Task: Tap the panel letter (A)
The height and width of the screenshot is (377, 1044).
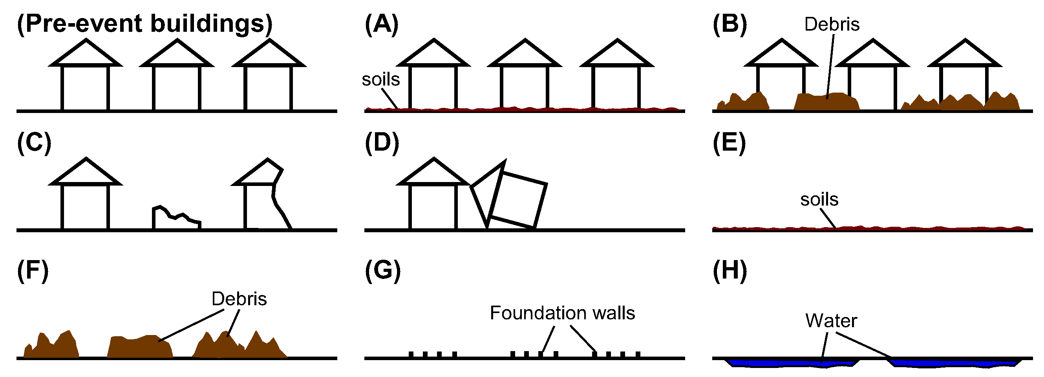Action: tap(381, 24)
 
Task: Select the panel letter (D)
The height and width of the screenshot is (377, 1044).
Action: tap(382, 143)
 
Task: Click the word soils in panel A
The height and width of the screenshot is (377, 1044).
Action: tap(380, 79)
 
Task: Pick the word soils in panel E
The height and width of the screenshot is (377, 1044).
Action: tap(819, 200)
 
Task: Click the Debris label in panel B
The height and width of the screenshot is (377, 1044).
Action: tap(832, 24)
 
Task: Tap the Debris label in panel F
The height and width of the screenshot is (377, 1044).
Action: tap(239, 299)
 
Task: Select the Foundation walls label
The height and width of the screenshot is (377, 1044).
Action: tap(562, 313)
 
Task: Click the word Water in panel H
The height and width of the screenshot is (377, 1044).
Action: tap(831, 321)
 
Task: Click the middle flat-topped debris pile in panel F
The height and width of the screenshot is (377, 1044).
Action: tap(140, 348)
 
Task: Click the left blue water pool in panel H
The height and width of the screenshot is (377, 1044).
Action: tap(790, 363)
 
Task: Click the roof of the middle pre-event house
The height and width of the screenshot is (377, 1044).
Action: tap(177, 54)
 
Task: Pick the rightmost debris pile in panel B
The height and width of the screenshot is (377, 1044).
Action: tap(965, 104)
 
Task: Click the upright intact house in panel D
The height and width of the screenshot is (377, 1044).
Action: tap(433, 194)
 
